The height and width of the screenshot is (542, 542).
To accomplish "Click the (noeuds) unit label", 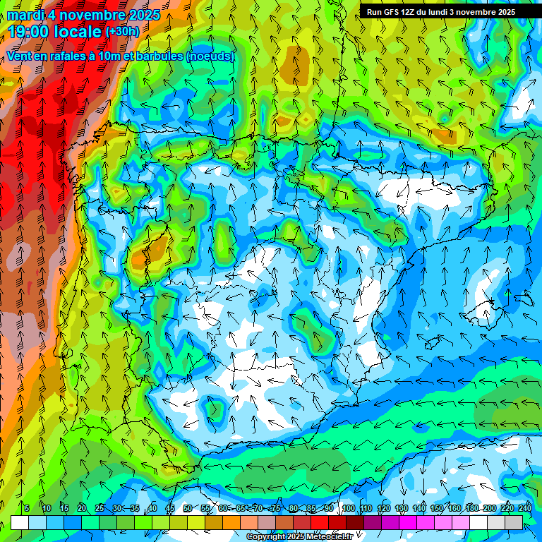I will pyautogui.click(x=210, y=56).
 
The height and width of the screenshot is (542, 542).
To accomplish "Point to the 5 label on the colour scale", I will pyautogui.click(x=27, y=508).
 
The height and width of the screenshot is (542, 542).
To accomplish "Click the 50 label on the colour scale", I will pyautogui.click(x=188, y=508).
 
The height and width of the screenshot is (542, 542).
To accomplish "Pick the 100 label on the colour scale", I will pyautogui.click(x=349, y=508).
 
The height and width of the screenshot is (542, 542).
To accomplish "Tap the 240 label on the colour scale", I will pyautogui.click(x=524, y=508).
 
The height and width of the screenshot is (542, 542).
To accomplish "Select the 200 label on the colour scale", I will pyautogui.click(x=490, y=508).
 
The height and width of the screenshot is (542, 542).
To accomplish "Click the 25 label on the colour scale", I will pyautogui.click(x=100, y=508).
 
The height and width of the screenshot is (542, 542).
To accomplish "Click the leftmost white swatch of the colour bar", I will pyautogui.click(x=20, y=522).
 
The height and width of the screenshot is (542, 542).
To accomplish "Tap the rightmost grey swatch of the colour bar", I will pyautogui.click(x=514, y=522).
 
